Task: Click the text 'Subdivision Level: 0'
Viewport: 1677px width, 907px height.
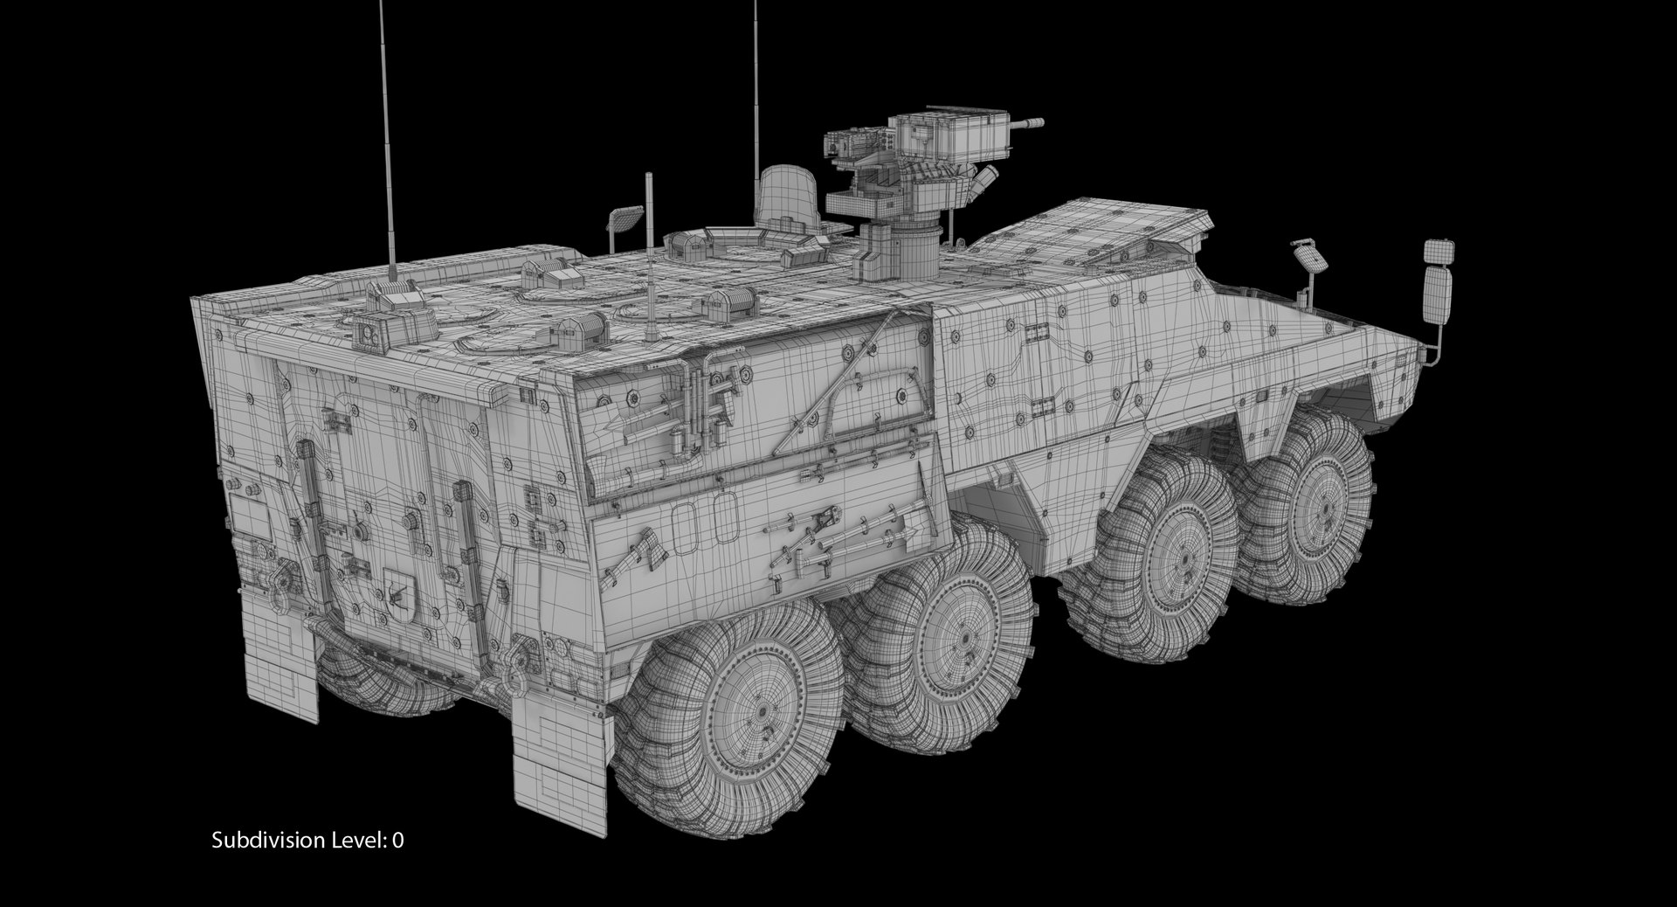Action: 307,841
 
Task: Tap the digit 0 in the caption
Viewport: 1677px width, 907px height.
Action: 397,841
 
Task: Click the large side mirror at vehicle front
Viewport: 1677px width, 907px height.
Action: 1438,294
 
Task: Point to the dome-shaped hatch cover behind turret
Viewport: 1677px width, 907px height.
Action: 787,197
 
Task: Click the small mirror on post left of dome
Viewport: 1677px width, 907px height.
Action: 625,216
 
